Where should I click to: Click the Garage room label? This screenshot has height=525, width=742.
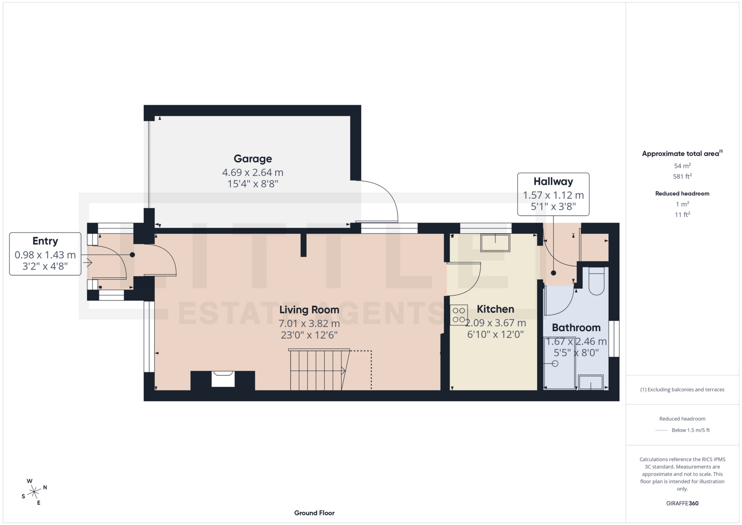click(x=253, y=159)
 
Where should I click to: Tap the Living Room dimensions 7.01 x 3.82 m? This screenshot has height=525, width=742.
click(x=309, y=323)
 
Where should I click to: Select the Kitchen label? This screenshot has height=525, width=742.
click(x=495, y=309)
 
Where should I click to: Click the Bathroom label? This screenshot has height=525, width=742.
click(x=576, y=327)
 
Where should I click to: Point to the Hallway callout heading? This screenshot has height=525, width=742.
click(x=553, y=181)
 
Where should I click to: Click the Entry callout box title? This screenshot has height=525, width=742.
click(x=45, y=241)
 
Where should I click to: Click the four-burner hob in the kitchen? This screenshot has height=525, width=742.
click(x=459, y=315)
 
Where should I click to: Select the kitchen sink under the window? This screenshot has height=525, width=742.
click(x=495, y=243)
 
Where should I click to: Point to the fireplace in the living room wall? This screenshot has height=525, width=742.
click(x=223, y=379)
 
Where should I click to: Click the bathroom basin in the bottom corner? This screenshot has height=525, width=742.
click(x=591, y=382)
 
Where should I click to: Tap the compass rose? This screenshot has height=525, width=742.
click(x=34, y=492)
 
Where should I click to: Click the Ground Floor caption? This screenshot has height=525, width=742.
click(x=314, y=513)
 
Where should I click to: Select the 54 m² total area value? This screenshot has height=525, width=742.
click(x=682, y=166)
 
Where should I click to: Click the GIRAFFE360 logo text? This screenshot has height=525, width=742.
click(x=682, y=503)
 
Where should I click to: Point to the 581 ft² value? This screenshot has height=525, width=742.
click(x=682, y=176)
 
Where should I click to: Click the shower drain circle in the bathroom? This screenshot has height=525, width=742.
click(x=555, y=363)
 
